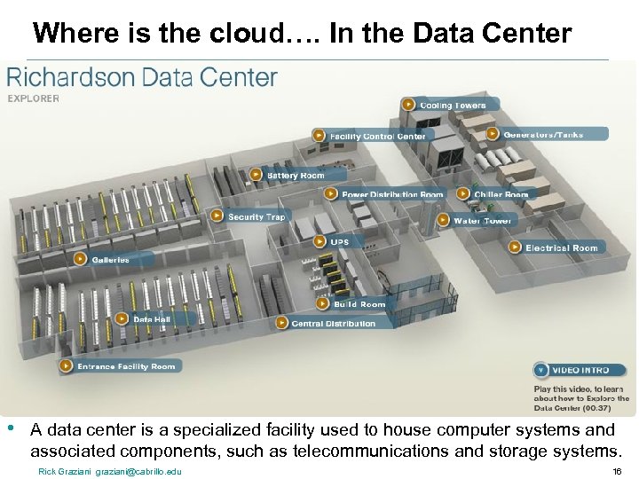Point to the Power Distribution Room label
[391, 194]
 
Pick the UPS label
[339, 241]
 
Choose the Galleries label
[110, 260]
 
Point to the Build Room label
[359, 303]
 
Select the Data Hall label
[151, 318]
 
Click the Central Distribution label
[333, 323]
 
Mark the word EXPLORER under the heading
[34, 98]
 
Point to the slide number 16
[617, 471]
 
